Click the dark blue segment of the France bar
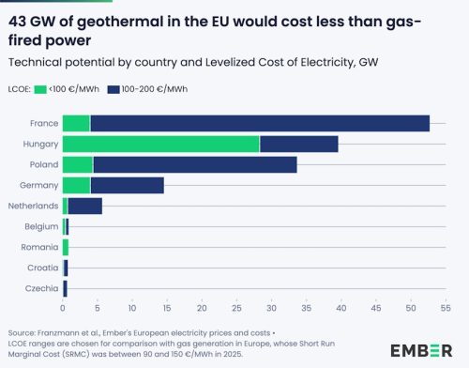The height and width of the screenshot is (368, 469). (x=259, y=123)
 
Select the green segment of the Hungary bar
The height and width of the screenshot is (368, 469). (x=160, y=144)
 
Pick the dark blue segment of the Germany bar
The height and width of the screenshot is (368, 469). (x=127, y=185)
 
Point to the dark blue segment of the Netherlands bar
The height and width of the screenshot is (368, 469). (x=84, y=206)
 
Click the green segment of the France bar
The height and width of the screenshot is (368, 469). (x=76, y=123)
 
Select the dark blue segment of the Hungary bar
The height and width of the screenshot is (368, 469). (x=298, y=144)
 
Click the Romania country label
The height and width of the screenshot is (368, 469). (x=41, y=247)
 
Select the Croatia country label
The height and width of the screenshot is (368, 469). (x=43, y=268)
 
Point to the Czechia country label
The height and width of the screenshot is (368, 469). (x=43, y=288)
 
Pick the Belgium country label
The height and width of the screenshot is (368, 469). (x=42, y=226)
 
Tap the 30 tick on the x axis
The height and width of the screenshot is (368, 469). (x=271, y=307)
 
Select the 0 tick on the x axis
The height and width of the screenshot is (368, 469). (x=63, y=307)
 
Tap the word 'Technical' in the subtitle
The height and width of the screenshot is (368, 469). (x=34, y=61)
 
